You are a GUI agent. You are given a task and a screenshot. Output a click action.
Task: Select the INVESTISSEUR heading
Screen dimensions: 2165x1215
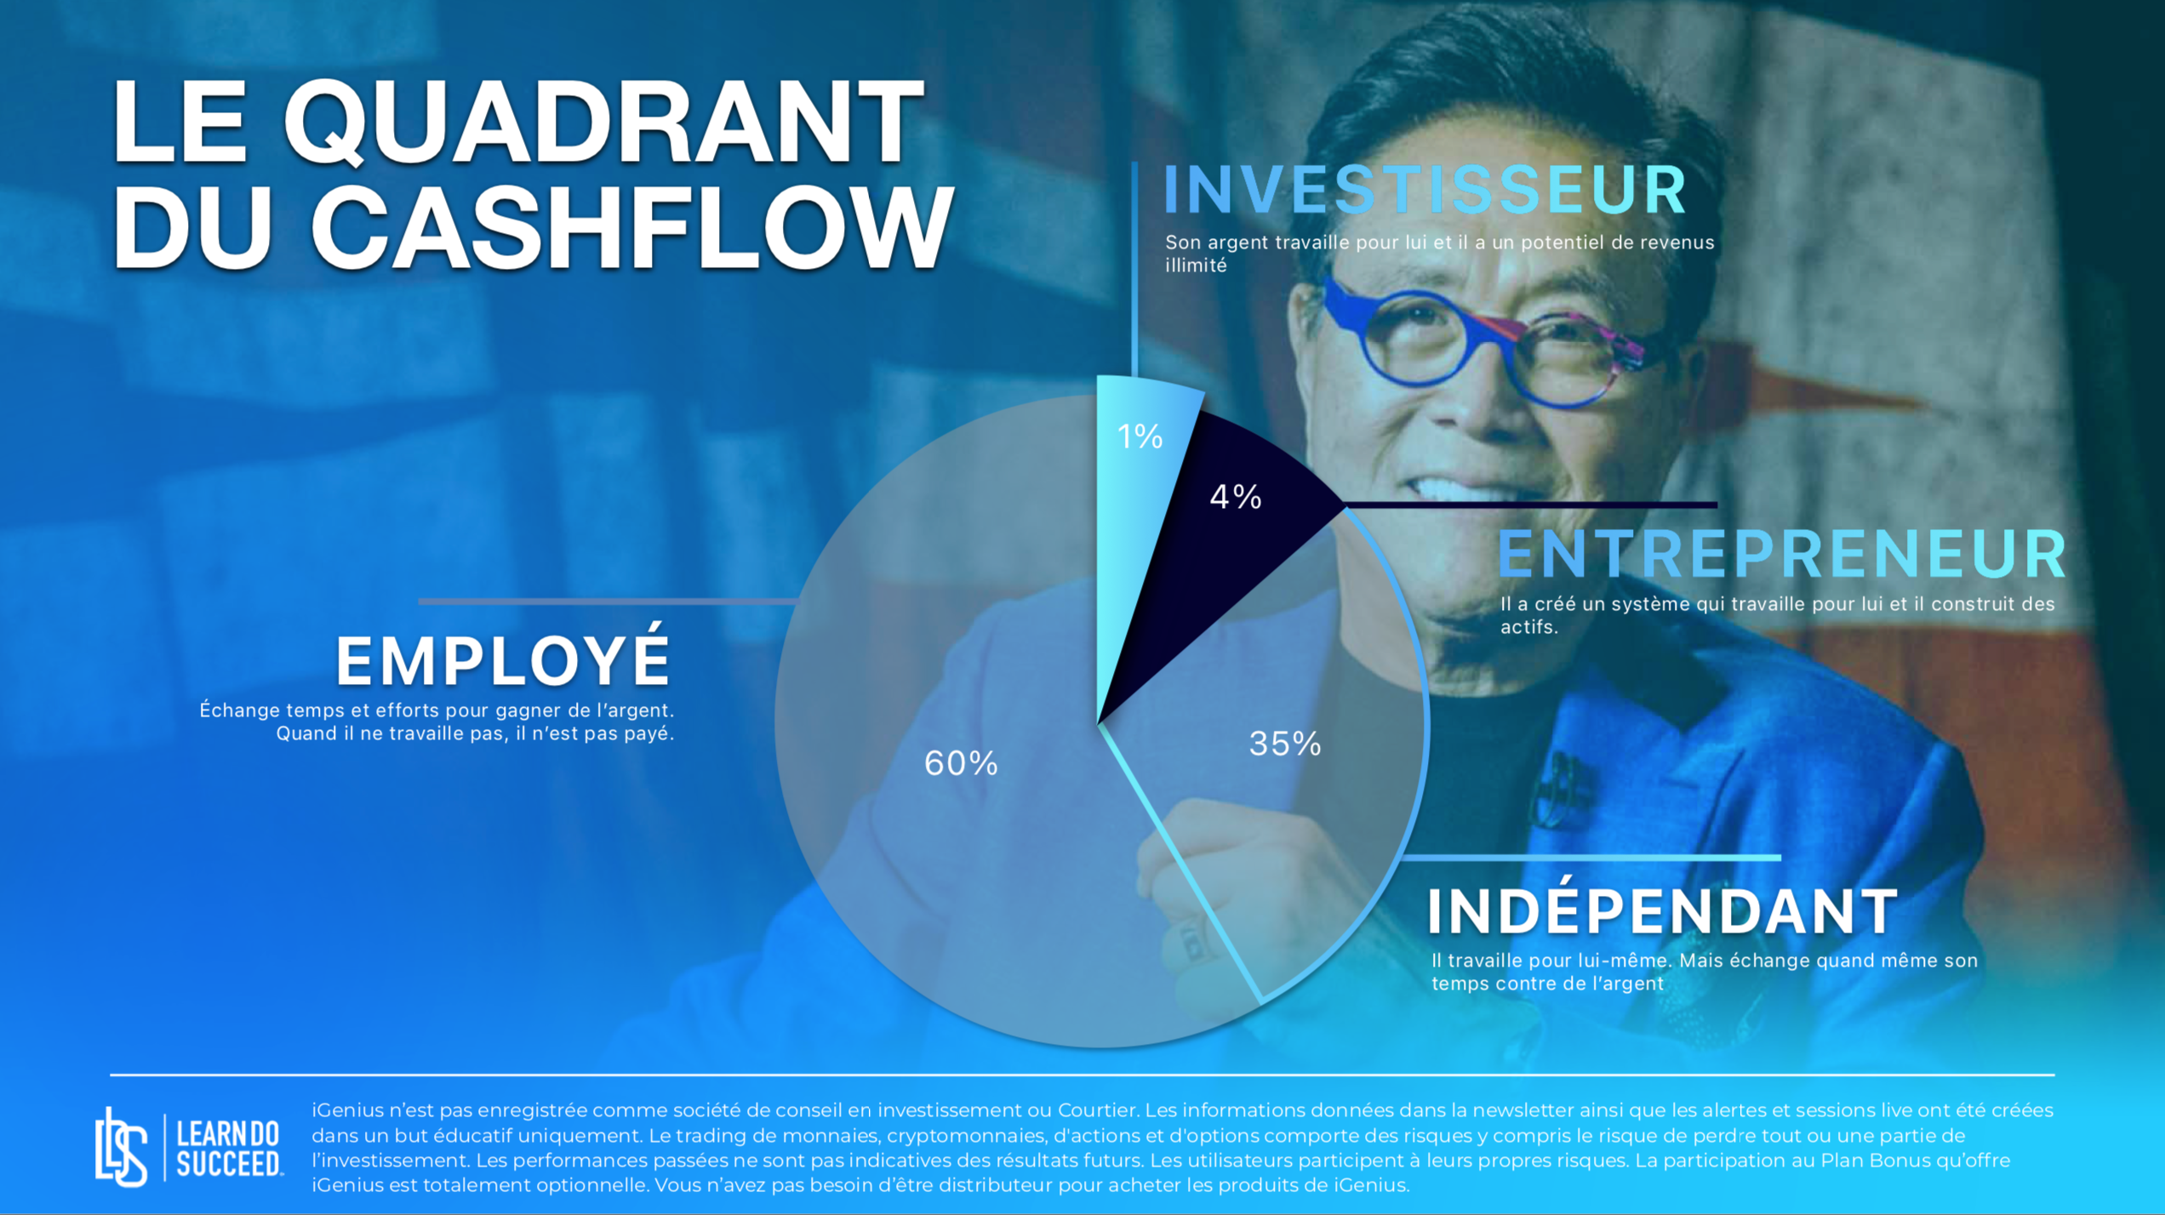(1424, 189)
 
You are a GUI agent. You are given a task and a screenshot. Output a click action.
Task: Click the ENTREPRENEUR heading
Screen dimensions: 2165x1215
(1781, 554)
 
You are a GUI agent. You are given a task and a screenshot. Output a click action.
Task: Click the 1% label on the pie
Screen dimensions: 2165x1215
(1140, 436)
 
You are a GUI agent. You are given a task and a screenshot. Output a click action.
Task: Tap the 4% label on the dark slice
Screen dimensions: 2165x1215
(1236, 496)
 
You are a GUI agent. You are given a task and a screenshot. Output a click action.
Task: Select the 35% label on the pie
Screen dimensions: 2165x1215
(1285, 744)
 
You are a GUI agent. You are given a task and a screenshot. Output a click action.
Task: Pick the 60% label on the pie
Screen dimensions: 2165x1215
(961, 763)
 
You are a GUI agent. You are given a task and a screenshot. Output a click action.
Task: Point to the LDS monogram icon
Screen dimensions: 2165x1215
(121, 1147)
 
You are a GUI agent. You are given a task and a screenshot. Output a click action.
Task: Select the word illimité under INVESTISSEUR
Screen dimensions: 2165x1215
(1196, 265)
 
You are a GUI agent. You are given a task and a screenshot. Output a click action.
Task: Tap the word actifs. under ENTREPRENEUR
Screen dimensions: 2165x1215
(1528, 627)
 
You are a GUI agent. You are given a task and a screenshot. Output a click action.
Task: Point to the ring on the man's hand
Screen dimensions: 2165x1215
(1191, 941)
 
